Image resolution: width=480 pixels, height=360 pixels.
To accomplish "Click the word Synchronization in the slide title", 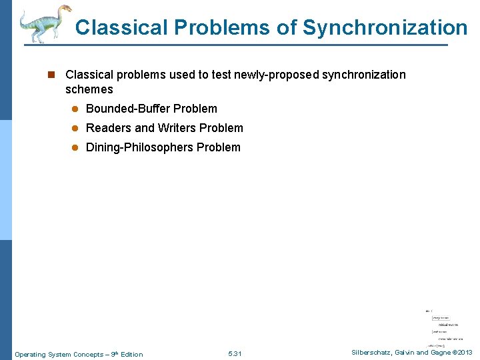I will click(x=385, y=27).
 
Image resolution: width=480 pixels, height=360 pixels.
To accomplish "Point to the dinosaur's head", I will click(x=63, y=9).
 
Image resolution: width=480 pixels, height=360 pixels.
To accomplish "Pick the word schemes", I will click(x=89, y=89).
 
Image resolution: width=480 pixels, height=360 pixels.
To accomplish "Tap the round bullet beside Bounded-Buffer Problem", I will click(x=75, y=109).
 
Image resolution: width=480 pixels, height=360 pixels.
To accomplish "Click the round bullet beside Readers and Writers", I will click(x=75, y=128).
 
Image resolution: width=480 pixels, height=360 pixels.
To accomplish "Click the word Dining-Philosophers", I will click(x=140, y=147).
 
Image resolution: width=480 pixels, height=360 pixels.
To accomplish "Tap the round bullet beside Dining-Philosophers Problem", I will click(x=75, y=147).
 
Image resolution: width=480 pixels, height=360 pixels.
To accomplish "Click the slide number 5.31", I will click(x=235, y=354).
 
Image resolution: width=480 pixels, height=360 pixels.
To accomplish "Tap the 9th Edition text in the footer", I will click(x=127, y=354).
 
